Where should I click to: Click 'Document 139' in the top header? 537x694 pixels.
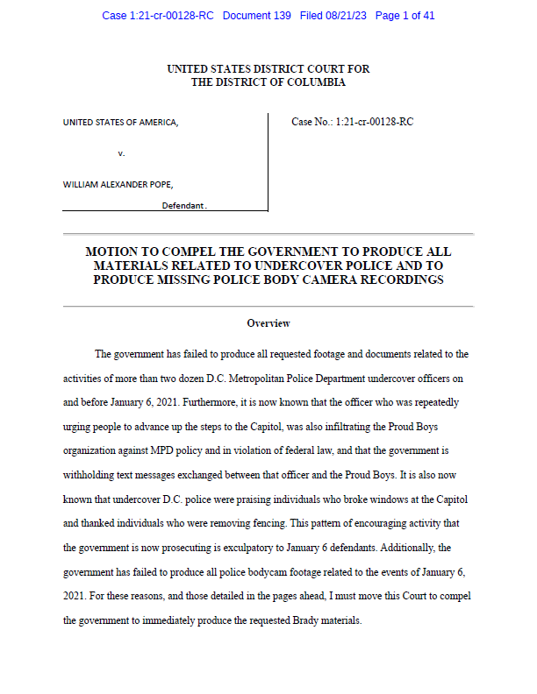[256, 16]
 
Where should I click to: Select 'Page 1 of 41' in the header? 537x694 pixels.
[405, 16]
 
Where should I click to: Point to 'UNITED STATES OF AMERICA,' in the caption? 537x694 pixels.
[120, 123]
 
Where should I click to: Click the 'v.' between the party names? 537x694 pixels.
[121, 153]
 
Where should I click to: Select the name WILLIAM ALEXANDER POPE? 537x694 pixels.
[118, 185]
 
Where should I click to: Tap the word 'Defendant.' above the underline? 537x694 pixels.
[183, 205]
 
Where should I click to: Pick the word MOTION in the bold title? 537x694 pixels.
[111, 251]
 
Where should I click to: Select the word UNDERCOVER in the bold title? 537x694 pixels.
[321, 266]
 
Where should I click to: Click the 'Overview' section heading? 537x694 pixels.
[268, 323]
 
